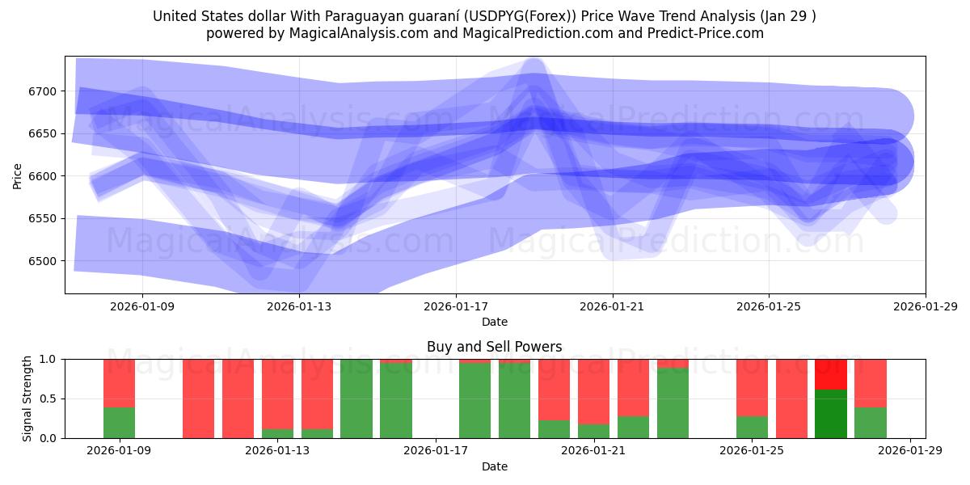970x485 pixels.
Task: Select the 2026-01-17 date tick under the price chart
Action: coord(456,306)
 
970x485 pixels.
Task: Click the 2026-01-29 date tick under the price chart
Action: coord(925,306)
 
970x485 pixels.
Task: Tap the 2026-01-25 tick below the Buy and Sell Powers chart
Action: coord(752,451)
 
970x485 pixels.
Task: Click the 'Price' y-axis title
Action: coord(18,175)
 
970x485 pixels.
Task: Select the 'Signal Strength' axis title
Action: coord(27,399)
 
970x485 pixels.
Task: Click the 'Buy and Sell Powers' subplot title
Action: coord(495,347)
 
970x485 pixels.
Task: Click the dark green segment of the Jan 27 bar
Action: coord(830,414)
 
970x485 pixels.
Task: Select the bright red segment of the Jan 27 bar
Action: coord(830,374)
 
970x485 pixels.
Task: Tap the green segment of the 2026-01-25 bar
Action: coord(752,427)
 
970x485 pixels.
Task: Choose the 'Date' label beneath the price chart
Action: coord(495,322)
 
